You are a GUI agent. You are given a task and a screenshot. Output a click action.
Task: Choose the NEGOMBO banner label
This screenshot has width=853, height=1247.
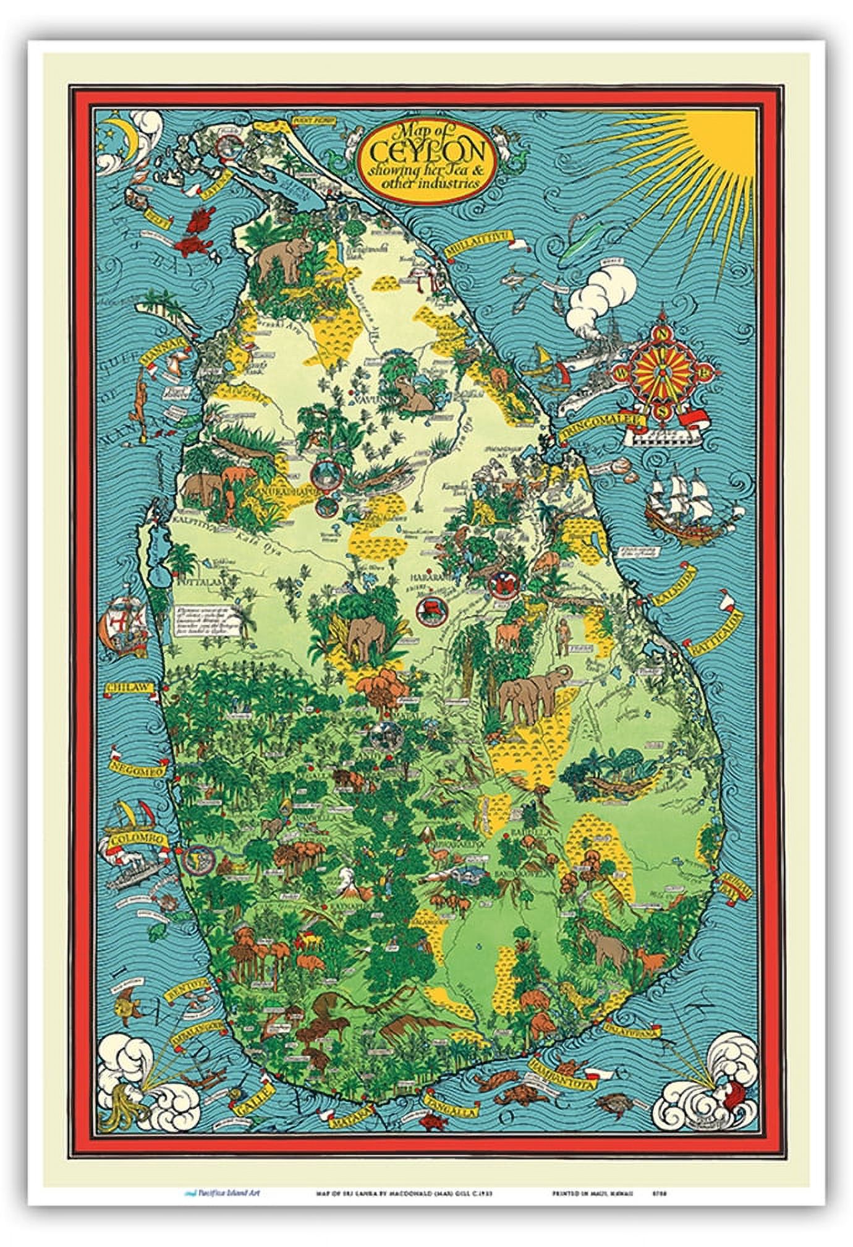tap(137, 769)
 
